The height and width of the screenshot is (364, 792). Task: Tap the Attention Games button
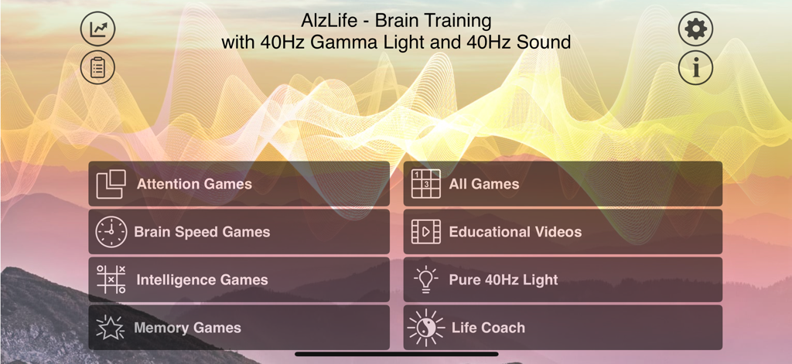click(x=239, y=184)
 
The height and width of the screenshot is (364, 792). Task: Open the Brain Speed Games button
click(x=239, y=232)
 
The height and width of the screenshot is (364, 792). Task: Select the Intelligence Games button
click(x=239, y=280)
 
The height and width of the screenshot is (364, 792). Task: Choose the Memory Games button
click(x=239, y=328)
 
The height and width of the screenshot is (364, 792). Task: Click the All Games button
click(x=562, y=184)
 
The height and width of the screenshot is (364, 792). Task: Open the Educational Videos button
click(x=562, y=232)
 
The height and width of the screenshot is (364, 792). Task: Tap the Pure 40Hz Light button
click(x=562, y=280)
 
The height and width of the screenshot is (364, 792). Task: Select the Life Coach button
click(x=562, y=328)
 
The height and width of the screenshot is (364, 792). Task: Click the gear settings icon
click(x=696, y=29)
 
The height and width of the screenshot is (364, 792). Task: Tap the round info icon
click(x=696, y=68)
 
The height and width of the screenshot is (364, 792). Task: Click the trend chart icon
click(x=97, y=29)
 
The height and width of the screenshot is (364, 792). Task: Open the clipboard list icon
click(x=97, y=68)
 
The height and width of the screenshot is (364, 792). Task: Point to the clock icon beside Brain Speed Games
click(x=111, y=232)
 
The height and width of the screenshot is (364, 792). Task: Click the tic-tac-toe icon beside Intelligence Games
click(x=111, y=280)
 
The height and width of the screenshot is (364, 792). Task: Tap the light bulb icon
click(x=425, y=279)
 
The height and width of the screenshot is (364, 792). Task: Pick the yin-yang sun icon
click(x=425, y=328)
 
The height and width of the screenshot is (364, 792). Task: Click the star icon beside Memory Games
click(x=111, y=328)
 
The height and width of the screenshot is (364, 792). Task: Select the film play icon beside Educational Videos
click(x=425, y=232)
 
